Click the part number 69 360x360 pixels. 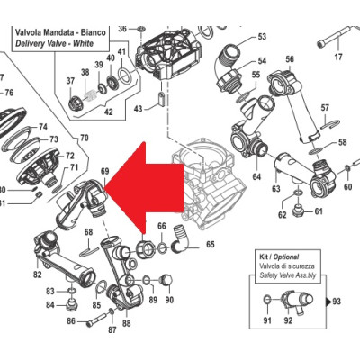(105, 172)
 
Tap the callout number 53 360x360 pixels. (262, 37)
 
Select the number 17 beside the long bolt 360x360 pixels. (338, 57)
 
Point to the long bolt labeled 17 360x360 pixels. (334, 37)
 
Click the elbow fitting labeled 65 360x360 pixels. (179, 241)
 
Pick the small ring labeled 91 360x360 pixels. (267, 299)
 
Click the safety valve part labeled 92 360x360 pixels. (297, 301)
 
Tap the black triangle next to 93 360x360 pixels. (328, 301)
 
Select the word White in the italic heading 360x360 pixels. (84, 43)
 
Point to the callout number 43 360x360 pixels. (138, 108)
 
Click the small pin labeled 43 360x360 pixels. (161, 98)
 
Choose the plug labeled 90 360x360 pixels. (166, 281)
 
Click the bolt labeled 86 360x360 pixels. (96, 319)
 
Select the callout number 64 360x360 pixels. (256, 176)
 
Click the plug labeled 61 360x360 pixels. (299, 210)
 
